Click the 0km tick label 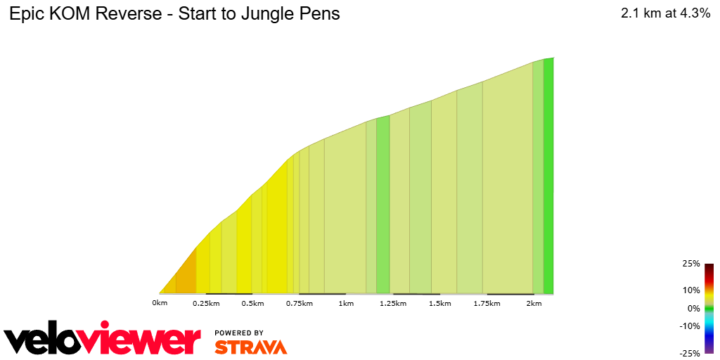pos(160,303)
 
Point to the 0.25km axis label pos(206,303)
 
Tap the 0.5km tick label pos(252,303)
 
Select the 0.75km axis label pos(299,303)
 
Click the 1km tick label pos(346,303)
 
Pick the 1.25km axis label pos(392,303)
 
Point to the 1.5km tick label pos(439,303)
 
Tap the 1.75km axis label pos(486,303)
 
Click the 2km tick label pos(534,303)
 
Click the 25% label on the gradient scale pos(691,264)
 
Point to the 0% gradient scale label pos(693,308)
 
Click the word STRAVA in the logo pos(250,347)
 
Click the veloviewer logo pos(103,340)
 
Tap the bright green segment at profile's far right pos(548,176)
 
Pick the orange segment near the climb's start pos(185,274)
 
